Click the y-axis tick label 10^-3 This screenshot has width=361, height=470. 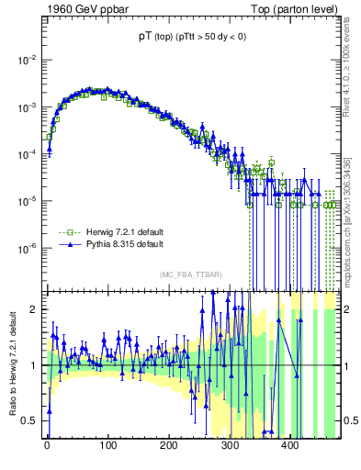pos(28,106)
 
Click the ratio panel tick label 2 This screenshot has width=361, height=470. pos(36,309)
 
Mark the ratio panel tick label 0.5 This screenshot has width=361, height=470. pos(32,420)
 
